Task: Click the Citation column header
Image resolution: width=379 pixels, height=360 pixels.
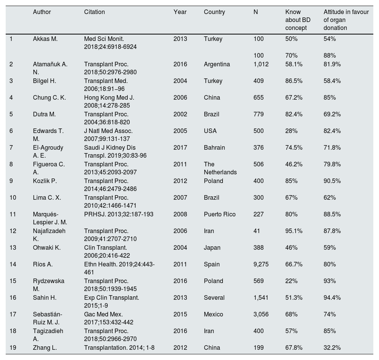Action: (94, 12)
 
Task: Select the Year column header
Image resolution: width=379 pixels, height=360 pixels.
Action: (180, 12)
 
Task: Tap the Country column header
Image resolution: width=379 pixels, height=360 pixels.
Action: (214, 12)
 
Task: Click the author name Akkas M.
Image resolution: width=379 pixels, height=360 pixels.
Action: (45, 39)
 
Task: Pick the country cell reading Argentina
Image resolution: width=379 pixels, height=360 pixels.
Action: (217, 64)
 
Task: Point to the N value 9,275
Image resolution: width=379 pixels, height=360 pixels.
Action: (261, 265)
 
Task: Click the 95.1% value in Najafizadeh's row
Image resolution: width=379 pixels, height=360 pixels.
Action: (294, 231)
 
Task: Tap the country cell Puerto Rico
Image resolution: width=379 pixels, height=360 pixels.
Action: (220, 214)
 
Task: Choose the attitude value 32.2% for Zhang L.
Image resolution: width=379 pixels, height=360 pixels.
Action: (332, 348)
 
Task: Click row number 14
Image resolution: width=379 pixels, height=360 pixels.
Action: (13, 265)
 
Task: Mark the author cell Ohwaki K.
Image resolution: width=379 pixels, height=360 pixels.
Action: (47, 248)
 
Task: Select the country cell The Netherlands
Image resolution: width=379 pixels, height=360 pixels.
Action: (220, 168)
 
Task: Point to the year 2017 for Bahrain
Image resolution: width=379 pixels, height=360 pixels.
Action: (180, 148)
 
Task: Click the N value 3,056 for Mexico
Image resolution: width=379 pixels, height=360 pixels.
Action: (261, 315)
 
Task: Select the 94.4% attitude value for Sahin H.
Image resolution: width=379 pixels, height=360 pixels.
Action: (332, 298)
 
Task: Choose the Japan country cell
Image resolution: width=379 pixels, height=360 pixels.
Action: (212, 248)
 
